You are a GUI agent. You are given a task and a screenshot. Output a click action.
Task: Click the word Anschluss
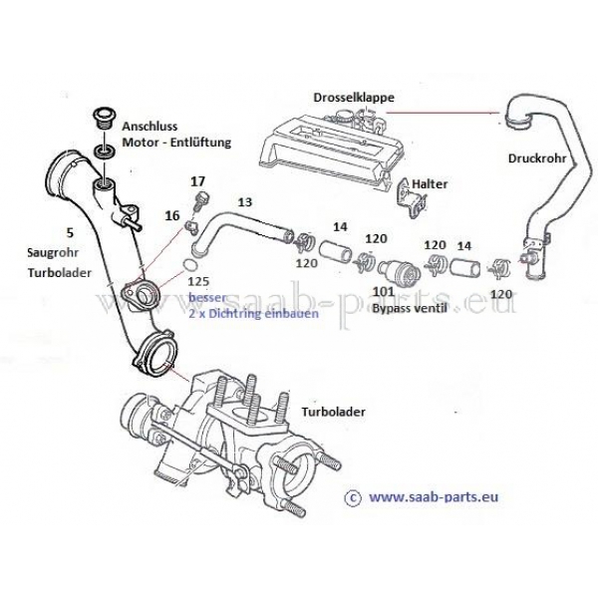click(x=151, y=128)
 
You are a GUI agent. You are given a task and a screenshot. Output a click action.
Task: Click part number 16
click(x=173, y=214)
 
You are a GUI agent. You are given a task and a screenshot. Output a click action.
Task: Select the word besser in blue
click(x=208, y=298)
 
